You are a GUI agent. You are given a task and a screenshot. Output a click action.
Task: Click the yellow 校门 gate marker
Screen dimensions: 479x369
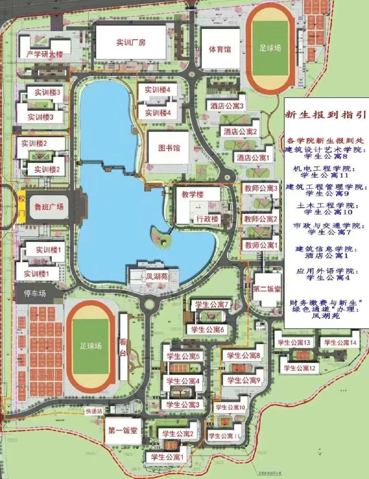pyautogui.click(x=22, y=207)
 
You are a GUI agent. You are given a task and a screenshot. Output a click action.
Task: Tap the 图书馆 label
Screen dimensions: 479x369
pyautogui.click(x=169, y=148)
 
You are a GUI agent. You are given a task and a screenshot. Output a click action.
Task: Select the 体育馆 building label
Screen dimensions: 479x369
pyautogui.click(x=220, y=49)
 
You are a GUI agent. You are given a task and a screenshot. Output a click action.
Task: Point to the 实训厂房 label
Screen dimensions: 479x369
pyautogui.click(x=131, y=42)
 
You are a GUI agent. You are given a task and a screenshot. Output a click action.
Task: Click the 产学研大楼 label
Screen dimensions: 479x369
pyautogui.click(x=45, y=54)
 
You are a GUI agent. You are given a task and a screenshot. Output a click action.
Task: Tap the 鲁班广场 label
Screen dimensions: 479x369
pyautogui.click(x=49, y=207)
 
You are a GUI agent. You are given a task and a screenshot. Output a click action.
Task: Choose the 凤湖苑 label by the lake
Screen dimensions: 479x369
pyautogui.click(x=157, y=277)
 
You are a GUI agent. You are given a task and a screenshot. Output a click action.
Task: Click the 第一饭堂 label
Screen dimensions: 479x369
pyautogui.click(x=123, y=430)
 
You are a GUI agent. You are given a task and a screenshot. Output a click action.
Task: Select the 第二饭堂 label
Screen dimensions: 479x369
pyautogui.click(x=267, y=289)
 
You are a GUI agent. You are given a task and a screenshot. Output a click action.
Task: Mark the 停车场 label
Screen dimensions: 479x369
pyautogui.click(x=35, y=293)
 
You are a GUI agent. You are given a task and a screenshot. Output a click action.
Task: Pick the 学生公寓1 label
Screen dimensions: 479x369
pyautogui.click(x=167, y=457)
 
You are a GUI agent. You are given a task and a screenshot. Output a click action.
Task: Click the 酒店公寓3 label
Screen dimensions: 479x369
pyautogui.click(x=227, y=106)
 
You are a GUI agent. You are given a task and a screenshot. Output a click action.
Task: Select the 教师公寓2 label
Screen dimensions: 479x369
pyautogui.click(x=260, y=219)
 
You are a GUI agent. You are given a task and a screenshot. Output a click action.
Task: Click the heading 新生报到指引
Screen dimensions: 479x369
pyautogui.click(x=324, y=115)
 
